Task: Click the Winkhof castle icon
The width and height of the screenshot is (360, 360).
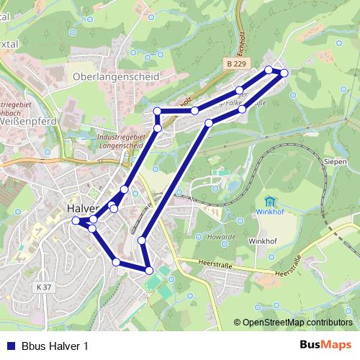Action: click(x=270, y=201)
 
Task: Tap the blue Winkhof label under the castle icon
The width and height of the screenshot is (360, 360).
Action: click(x=270, y=212)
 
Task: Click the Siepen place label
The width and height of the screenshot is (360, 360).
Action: click(x=336, y=162)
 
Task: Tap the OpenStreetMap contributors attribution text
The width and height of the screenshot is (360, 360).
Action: click(x=297, y=322)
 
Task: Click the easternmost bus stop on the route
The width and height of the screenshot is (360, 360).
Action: click(x=284, y=73)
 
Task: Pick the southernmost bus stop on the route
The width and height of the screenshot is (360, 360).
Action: click(x=149, y=271)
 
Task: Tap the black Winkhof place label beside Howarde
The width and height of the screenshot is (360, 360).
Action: click(x=263, y=241)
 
